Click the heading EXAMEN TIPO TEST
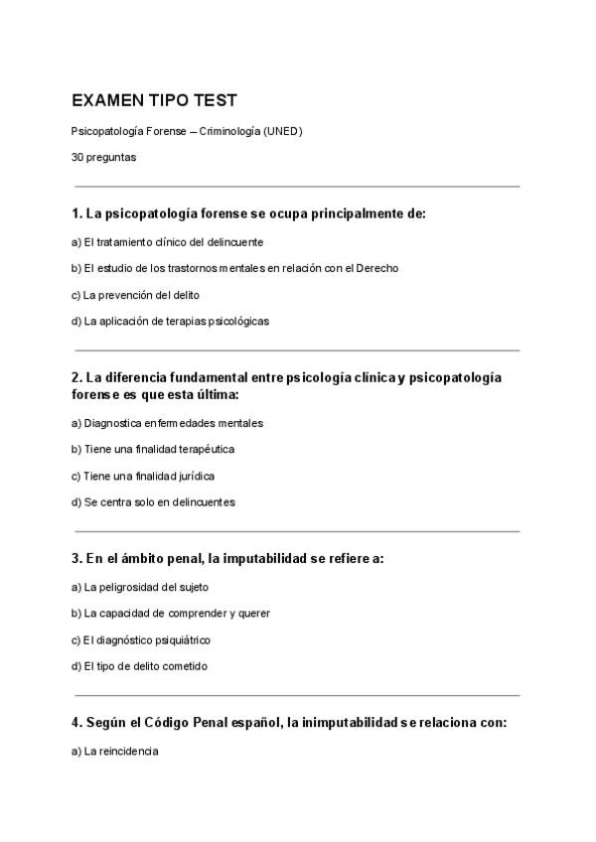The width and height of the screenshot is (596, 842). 154,101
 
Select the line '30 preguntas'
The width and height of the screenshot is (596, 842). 103,157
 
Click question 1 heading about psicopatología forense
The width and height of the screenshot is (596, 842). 248,213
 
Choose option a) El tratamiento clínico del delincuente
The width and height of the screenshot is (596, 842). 167,241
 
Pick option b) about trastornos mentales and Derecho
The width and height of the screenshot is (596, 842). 234,268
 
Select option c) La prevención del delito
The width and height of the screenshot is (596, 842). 135,295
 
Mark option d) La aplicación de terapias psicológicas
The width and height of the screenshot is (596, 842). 170,321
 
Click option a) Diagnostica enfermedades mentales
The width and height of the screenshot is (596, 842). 167,423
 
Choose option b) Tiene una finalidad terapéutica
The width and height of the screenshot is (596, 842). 152,449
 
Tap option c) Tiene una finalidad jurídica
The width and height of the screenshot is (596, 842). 143,476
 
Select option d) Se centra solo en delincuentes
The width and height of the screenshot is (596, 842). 153,501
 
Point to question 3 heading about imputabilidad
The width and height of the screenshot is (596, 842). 227,559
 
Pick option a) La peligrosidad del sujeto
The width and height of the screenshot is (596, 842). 140,587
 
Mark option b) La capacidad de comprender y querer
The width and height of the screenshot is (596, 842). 171,613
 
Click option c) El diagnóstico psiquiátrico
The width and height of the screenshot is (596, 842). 141,639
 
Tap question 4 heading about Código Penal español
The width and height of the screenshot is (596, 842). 289,723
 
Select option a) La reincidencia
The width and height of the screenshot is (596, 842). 114,751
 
